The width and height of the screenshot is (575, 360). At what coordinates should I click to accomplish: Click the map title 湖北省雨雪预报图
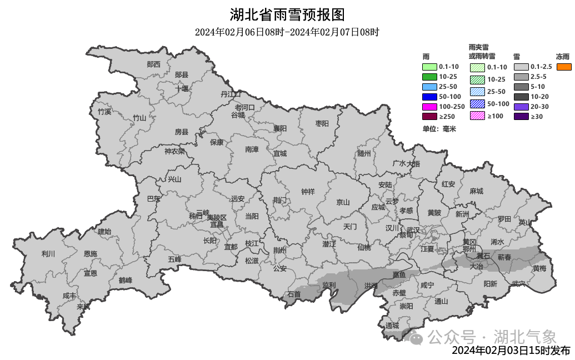287,14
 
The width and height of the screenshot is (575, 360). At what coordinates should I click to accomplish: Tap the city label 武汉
413,229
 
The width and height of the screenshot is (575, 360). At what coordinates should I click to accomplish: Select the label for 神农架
174,151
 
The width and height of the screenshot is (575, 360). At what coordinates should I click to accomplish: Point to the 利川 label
48,254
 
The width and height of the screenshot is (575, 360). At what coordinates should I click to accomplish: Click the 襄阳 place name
280,128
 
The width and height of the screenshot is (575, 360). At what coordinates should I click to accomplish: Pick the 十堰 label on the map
182,88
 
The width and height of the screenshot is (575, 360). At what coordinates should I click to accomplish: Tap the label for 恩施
90,254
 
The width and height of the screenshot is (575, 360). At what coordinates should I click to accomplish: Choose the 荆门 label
280,199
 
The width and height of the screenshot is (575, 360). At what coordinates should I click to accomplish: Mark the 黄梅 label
539,268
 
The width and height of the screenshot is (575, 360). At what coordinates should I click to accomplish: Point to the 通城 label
392,325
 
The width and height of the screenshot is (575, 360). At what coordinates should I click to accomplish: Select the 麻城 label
476,191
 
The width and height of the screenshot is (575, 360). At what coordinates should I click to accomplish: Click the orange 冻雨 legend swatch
564,67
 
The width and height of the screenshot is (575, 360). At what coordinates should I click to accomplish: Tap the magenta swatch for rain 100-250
429,107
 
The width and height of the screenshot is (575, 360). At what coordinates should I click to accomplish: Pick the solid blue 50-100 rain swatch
429,97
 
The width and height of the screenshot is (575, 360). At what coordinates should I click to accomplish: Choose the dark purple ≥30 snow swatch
521,116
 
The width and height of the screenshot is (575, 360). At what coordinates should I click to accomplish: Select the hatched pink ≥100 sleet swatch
477,116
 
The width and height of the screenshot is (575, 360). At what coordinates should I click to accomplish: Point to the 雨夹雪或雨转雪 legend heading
482,52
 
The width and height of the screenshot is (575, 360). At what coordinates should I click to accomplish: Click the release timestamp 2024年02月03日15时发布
511,351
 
